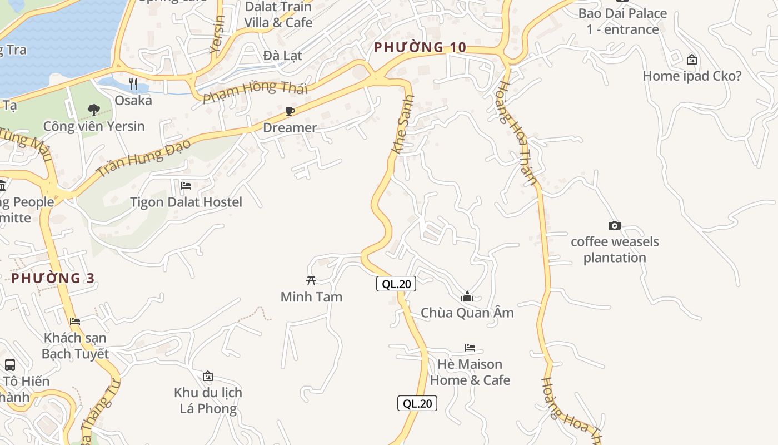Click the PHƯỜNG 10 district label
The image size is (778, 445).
(x=420, y=47)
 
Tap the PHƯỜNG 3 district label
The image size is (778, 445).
(x=53, y=278)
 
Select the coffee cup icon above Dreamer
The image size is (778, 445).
(x=290, y=112)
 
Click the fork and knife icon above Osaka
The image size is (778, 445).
(x=133, y=84)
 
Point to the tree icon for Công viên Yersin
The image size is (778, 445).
(x=94, y=110)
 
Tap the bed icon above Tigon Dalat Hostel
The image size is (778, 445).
(x=186, y=185)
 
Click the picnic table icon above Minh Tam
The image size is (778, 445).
(x=311, y=280)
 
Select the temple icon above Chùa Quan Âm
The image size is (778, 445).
(x=467, y=296)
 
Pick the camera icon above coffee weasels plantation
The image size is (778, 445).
(x=614, y=225)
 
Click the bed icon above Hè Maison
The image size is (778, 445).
(x=470, y=348)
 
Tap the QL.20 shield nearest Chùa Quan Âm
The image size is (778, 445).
(x=396, y=284)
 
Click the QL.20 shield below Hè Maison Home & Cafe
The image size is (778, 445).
(x=417, y=403)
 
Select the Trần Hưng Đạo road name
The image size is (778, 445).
(x=143, y=157)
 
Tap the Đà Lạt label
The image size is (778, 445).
(x=282, y=55)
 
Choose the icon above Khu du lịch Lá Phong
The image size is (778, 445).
(x=208, y=377)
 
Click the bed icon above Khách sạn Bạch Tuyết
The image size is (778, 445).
(x=75, y=322)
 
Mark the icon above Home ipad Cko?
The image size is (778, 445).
(x=692, y=60)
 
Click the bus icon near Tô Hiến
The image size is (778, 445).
(x=10, y=365)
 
